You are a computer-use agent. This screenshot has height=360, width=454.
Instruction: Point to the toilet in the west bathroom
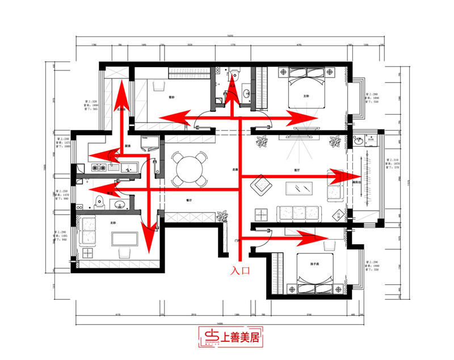click(100, 200)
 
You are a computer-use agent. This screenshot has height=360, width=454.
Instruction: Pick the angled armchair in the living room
click(260, 184)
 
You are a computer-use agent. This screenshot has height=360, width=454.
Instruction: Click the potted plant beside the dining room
click(222, 216)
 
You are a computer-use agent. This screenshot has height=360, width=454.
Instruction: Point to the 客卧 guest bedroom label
click(171, 97)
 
